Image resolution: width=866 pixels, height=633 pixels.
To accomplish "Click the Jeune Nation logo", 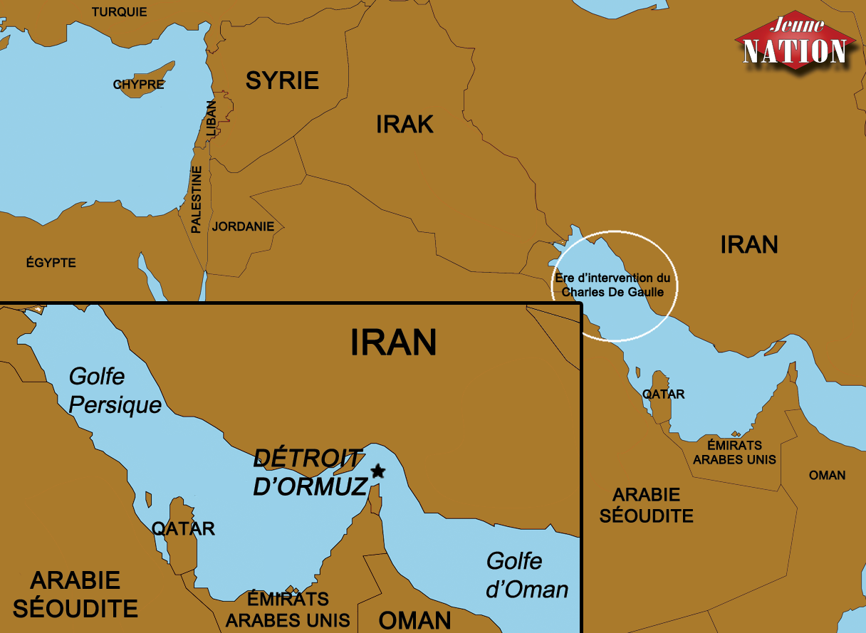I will pyautogui.click(x=795, y=42).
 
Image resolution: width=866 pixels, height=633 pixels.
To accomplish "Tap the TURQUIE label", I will pyautogui.click(x=120, y=12).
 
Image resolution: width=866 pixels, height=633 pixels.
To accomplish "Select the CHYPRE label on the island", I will pyautogui.click(x=138, y=85).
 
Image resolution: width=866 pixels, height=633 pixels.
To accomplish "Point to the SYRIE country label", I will pyautogui.click(x=282, y=80).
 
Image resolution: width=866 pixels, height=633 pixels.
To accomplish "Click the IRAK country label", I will pyautogui.click(x=405, y=125).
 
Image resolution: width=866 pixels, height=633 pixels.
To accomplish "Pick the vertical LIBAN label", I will pyautogui.click(x=211, y=118).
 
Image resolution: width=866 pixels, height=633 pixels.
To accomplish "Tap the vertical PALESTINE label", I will pyautogui.click(x=197, y=199).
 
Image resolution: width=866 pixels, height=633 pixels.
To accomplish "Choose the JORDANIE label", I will pyautogui.click(x=243, y=227).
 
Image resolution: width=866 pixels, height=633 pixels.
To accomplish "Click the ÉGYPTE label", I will pyautogui.click(x=51, y=263).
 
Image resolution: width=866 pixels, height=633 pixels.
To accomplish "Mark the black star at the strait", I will pyautogui.click(x=378, y=471).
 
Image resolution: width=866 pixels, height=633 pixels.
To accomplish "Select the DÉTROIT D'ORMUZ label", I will pyautogui.click(x=310, y=472).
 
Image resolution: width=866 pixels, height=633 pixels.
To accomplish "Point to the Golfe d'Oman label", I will pyautogui.click(x=527, y=575).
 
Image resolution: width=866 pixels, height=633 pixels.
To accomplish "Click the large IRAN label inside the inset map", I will pyautogui.click(x=393, y=342).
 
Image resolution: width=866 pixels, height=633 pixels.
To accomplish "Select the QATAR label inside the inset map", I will pyautogui.click(x=183, y=528).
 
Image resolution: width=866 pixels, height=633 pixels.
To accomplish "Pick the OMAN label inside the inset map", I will pyautogui.click(x=414, y=619).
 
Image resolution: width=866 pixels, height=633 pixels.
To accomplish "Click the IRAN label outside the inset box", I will pyautogui.click(x=748, y=245).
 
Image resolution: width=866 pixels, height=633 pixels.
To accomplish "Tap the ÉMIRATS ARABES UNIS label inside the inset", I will pyautogui.click(x=288, y=609).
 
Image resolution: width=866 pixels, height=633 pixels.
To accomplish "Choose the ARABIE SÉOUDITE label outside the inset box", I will pyautogui.click(x=647, y=505).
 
